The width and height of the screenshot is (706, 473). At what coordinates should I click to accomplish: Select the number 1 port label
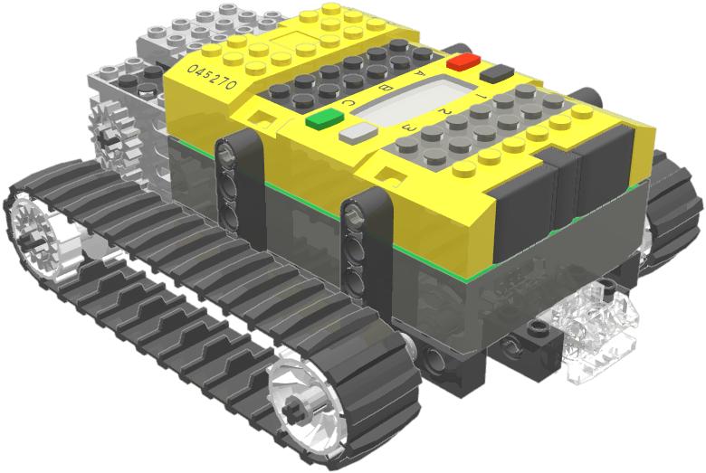point(481,94)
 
